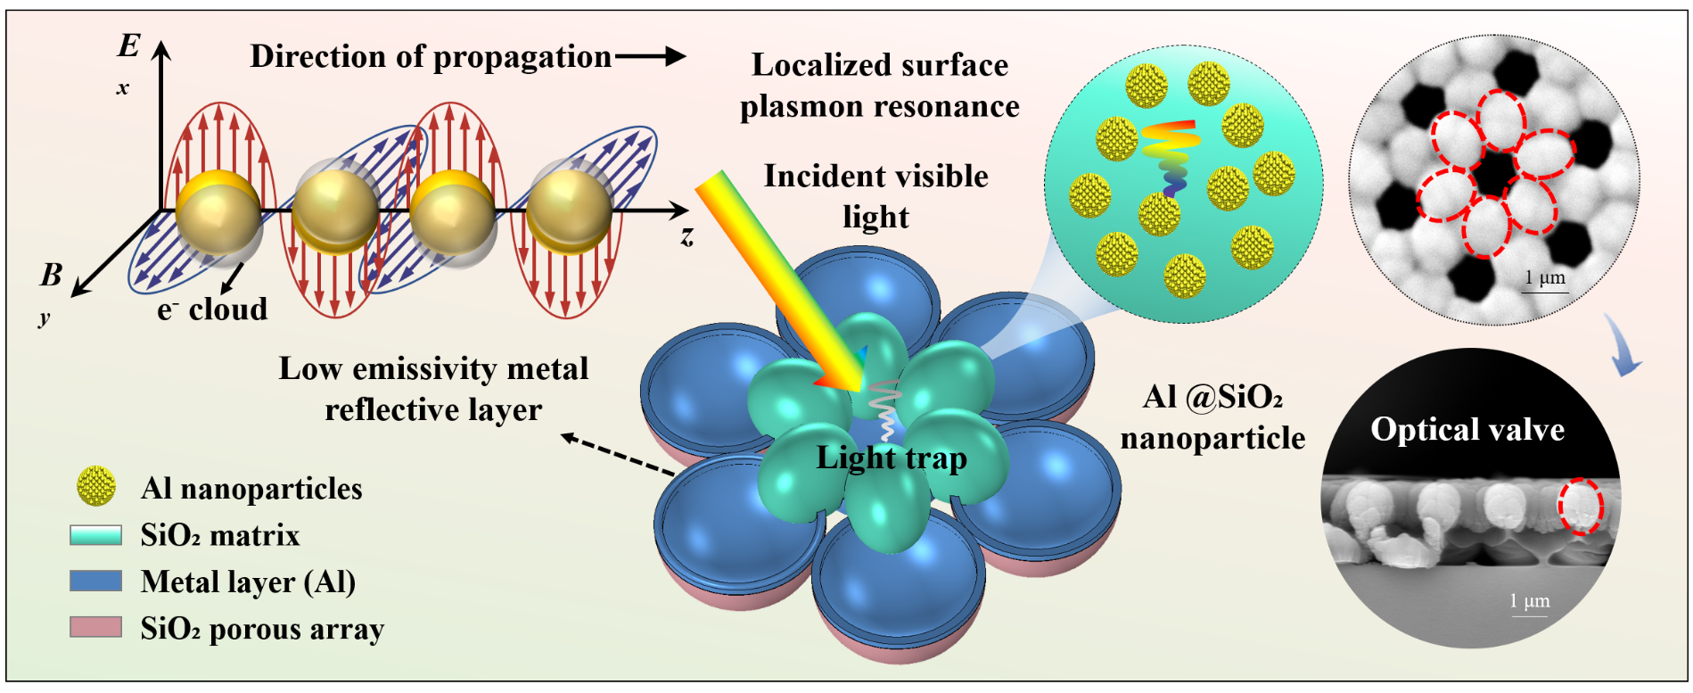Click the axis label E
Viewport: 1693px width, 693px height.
click(x=129, y=45)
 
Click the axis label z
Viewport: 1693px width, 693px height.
click(x=686, y=236)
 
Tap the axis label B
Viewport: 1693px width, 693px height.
click(x=52, y=275)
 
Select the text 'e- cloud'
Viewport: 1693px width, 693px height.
click(x=212, y=309)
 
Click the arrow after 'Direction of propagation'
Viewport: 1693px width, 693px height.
click(x=650, y=57)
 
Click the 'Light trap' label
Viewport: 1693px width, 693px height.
click(x=892, y=458)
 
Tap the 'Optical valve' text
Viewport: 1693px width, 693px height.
click(x=1467, y=430)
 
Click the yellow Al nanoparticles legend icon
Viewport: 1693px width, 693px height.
click(x=96, y=486)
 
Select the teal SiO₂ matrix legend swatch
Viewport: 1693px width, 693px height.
click(x=96, y=535)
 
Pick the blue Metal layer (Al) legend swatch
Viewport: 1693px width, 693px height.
click(x=96, y=582)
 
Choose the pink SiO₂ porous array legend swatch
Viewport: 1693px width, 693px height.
click(x=96, y=627)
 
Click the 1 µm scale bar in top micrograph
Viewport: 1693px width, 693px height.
click(x=1545, y=291)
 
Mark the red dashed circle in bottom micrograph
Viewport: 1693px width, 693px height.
click(x=1581, y=506)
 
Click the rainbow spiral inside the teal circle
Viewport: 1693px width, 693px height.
click(x=1171, y=157)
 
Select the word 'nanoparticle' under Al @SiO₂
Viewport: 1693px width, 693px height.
click(x=1212, y=439)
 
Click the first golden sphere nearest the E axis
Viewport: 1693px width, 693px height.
click(x=218, y=211)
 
